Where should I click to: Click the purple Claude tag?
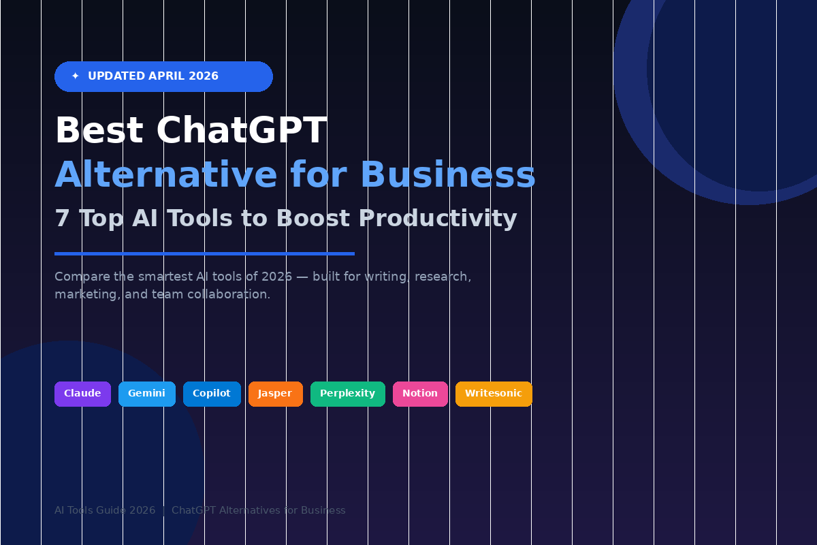pos(82,394)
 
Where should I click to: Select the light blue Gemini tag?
pos(146,394)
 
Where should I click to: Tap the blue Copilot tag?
pos(212,394)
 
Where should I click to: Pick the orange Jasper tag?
pos(275,394)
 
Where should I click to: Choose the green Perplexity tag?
pos(347,394)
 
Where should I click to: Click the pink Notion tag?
pos(420,394)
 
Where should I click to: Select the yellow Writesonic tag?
pos(494,394)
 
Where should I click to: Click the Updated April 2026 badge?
pos(163,76)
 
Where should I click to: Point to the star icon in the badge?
pos(76,76)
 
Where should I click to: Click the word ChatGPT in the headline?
pos(241,131)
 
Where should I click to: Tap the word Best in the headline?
pos(99,131)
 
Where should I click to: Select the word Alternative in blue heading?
pos(166,175)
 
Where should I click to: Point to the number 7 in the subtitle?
pos(62,219)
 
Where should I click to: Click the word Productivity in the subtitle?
pos(438,219)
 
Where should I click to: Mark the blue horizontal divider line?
pos(204,253)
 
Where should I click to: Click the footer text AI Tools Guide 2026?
pos(105,510)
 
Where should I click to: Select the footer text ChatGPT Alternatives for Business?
pos(259,510)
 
